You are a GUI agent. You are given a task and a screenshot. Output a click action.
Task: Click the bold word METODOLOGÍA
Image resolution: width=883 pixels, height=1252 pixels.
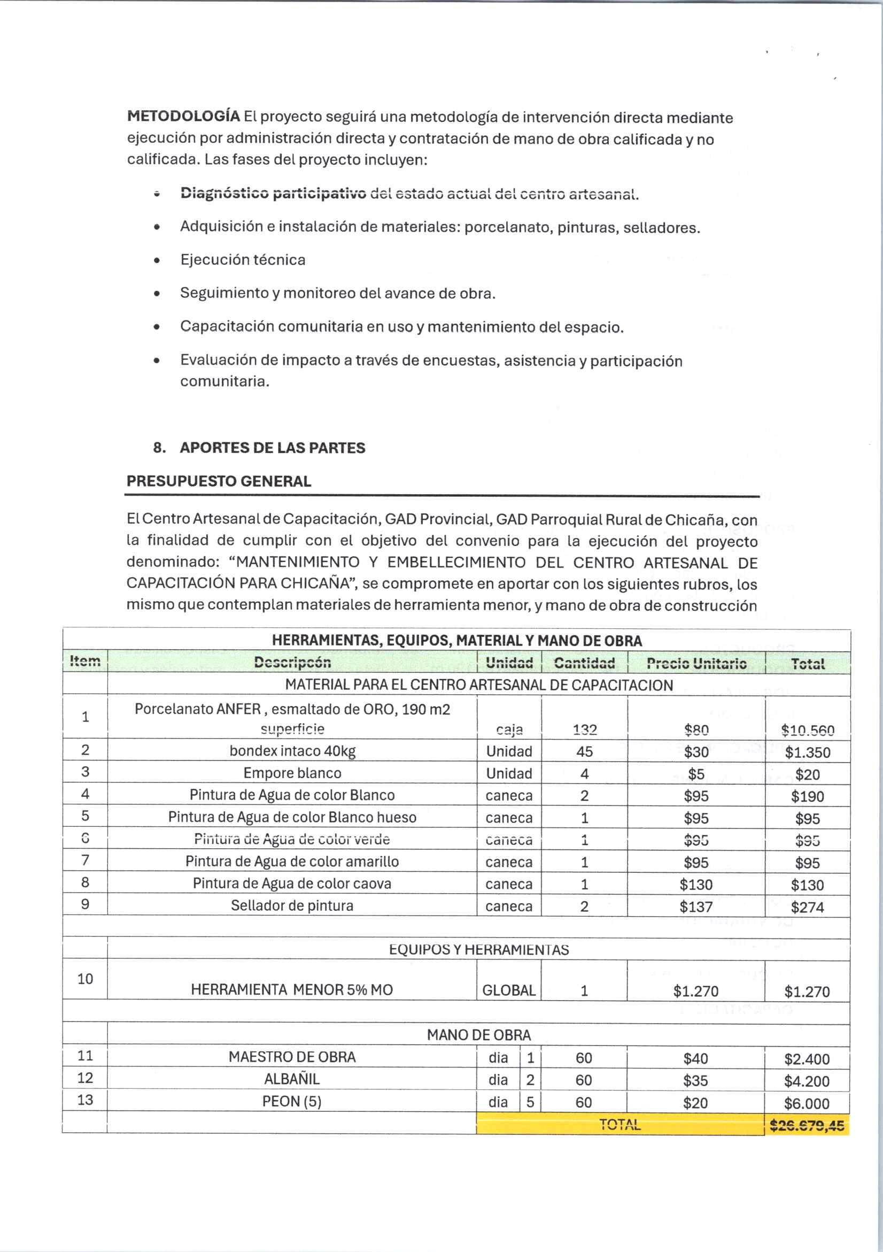click(x=183, y=116)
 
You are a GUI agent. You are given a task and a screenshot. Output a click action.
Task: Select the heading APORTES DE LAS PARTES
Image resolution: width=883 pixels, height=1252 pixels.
click(x=272, y=448)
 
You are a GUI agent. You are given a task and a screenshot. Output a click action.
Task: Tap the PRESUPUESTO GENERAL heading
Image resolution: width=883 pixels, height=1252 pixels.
click(x=219, y=481)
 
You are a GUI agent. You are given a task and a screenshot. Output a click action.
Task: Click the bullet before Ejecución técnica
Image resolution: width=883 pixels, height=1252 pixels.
click(x=157, y=261)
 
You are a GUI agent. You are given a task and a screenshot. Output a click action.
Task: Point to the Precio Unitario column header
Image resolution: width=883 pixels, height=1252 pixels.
click(x=696, y=663)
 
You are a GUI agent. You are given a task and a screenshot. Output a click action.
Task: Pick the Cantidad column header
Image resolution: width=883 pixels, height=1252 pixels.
click(x=584, y=663)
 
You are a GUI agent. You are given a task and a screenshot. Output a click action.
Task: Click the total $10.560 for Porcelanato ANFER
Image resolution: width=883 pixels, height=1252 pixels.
click(x=807, y=730)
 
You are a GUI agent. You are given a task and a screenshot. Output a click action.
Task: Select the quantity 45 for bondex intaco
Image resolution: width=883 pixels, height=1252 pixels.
click(x=584, y=751)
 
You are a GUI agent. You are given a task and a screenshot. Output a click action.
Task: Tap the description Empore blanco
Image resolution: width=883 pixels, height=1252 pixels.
click(x=292, y=773)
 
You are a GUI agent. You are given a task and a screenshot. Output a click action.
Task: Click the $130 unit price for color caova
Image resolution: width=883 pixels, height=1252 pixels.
click(x=696, y=884)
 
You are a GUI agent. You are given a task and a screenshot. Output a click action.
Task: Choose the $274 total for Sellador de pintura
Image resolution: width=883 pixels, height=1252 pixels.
click(x=807, y=907)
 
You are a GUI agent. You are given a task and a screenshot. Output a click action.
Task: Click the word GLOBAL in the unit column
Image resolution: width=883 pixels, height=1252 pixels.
click(x=509, y=990)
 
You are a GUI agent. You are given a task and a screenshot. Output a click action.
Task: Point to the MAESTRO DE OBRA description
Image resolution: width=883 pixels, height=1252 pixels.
click(x=292, y=1057)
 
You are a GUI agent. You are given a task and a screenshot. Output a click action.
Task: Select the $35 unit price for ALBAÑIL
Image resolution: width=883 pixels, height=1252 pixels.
click(x=695, y=1080)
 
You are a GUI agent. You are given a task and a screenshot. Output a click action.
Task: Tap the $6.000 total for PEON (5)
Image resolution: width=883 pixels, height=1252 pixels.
click(x=807, y=1104)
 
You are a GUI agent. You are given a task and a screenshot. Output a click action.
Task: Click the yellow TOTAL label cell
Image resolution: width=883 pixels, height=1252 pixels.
click(x=620, y=1124)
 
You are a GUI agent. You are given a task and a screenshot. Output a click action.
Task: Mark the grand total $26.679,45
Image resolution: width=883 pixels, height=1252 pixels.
click(x=807, y=1125)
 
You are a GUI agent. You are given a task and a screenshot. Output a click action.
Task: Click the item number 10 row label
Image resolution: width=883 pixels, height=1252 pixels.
click(x=85, y=979)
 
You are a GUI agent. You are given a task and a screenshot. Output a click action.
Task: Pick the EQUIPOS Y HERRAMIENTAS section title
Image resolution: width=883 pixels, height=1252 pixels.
click(x=478, y=949)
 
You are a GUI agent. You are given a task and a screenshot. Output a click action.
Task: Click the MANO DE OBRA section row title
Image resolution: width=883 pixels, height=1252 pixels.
click(x=478, y=1034)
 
